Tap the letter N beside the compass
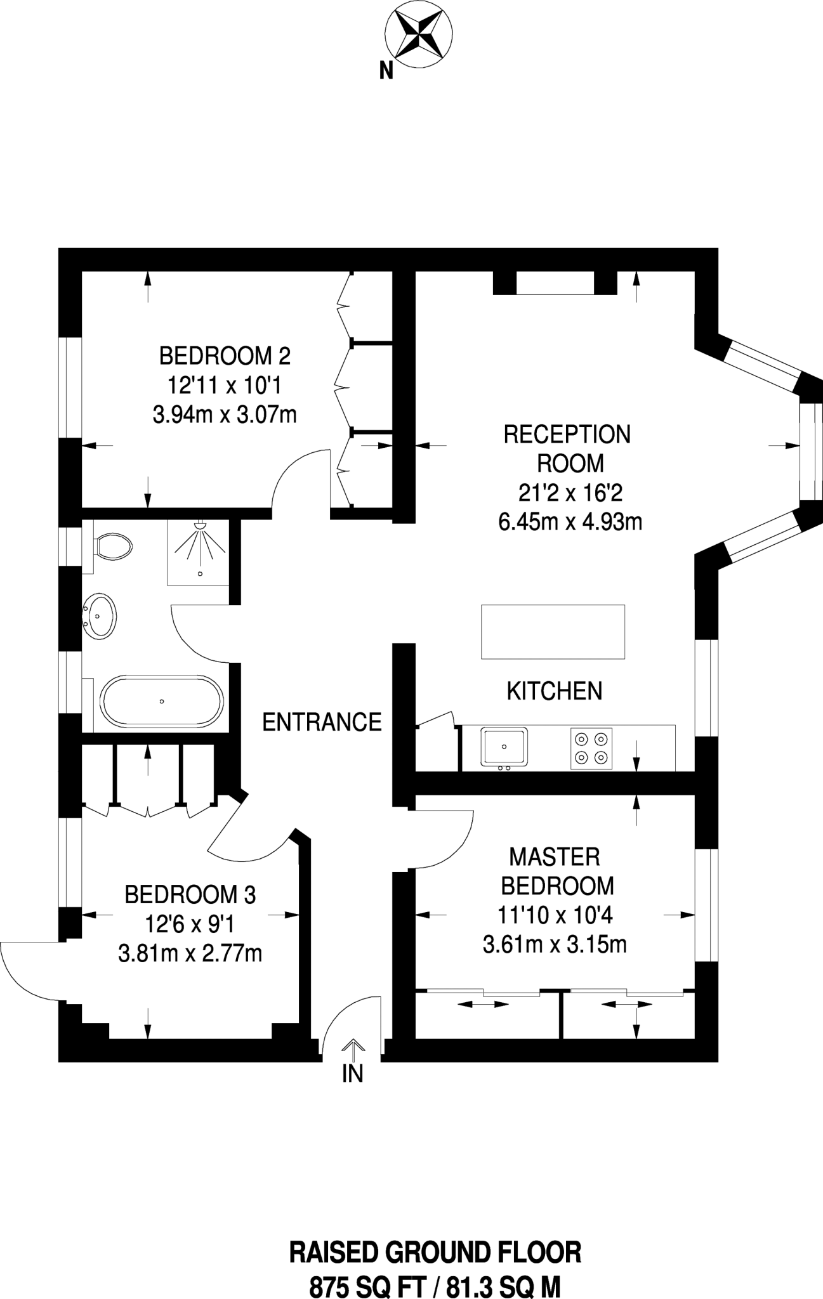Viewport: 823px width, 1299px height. point(386,72)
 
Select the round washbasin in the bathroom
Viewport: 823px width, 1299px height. point(100,615)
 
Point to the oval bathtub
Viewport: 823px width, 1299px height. point(162,701)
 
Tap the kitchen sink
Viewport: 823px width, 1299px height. point(504,747)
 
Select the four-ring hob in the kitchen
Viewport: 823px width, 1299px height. point(591,748)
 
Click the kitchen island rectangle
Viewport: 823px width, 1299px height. point(553,632)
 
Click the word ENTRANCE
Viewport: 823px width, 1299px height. point(322,722)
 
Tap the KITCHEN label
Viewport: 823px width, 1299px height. point(555,691)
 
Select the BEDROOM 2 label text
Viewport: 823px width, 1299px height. point(225,356)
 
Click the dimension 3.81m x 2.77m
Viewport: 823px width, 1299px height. point(190,953)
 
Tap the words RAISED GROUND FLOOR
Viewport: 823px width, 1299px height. point(435,1235)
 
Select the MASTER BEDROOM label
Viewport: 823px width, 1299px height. point(557,871)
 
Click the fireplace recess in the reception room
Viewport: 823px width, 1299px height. point(555,283)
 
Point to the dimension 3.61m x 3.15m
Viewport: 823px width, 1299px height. point(555,945)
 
